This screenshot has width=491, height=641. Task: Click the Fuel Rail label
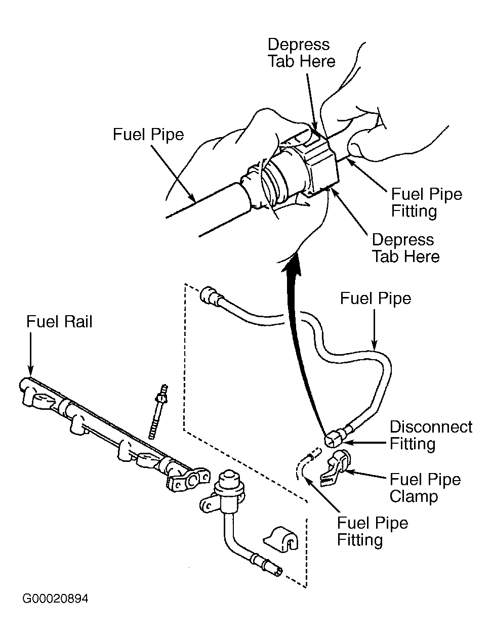point(59,322)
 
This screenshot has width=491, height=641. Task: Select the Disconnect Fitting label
point(430,435)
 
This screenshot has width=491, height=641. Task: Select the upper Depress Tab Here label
point(301,53)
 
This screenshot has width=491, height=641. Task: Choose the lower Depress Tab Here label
point(405,248)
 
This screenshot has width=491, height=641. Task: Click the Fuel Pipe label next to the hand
point(148,135)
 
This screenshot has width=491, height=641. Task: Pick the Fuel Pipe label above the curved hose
point(375,298)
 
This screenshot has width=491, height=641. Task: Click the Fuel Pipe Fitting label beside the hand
point(426,203)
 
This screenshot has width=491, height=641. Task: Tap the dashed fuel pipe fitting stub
point(306,463)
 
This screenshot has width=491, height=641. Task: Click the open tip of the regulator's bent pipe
point(278,572)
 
